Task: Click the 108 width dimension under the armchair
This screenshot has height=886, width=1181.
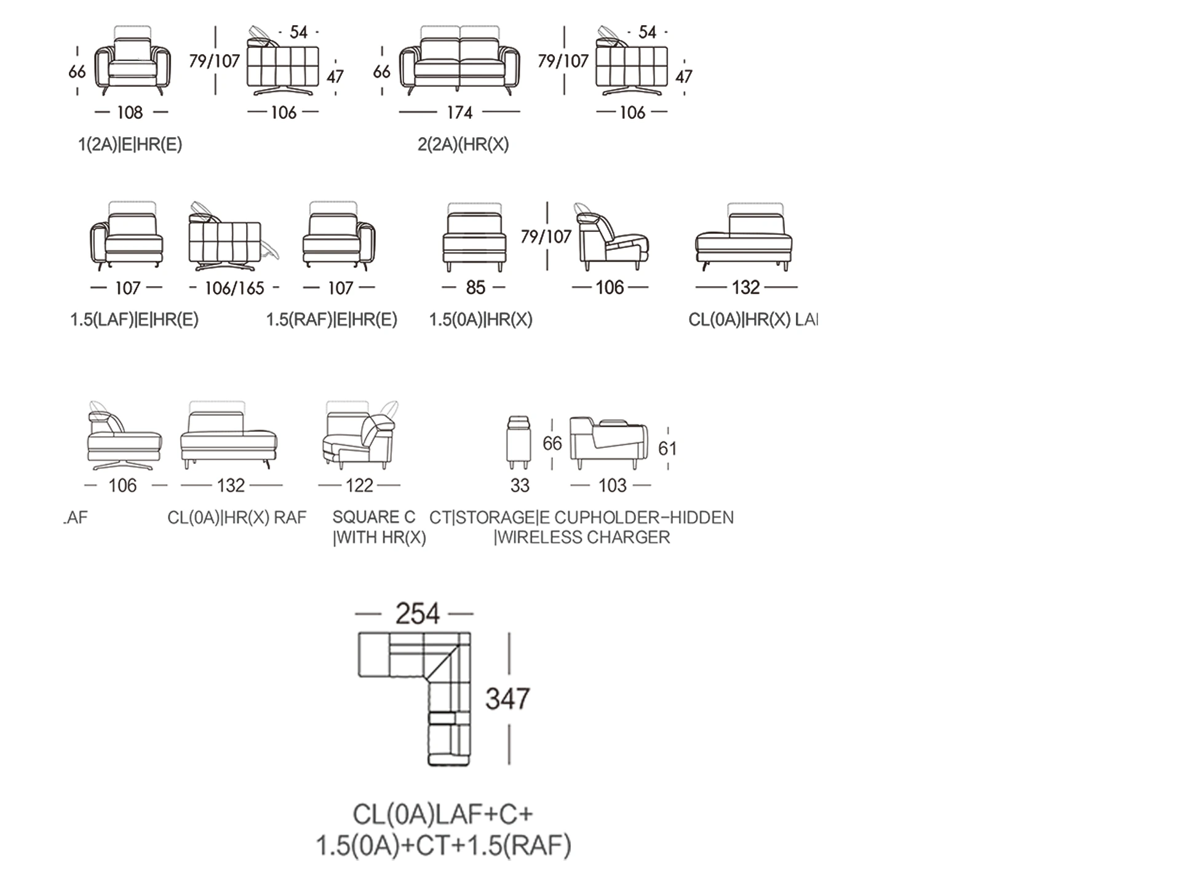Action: [x=130, y=113]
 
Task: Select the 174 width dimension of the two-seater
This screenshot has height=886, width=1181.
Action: [x=459, y=113]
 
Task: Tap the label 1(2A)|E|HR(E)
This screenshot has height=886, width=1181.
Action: [x=130, y=145]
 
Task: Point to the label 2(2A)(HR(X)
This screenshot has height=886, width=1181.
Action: [x=463, y=145]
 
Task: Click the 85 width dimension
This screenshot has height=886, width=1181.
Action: [x=475, y=287]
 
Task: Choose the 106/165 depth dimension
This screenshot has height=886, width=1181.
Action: [x=234, y=288]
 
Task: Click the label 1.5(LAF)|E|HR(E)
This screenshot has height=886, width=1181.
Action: [x=134, y=320]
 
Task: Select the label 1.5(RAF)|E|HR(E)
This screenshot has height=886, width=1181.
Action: [x=332, y=320]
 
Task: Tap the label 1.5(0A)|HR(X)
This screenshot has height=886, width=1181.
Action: [x=480, y=320]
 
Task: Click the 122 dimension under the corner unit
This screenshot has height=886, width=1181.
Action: [x=359, y=485]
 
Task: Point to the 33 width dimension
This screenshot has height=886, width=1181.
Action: [x=520, y=485]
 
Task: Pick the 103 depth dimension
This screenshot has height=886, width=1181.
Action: [x=612, y=485]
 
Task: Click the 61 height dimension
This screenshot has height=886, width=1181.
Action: [x=667, y=449]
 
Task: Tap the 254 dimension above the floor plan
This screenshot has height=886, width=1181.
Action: [x=417, y=614]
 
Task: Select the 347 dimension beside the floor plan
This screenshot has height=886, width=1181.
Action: [x=507, y=699]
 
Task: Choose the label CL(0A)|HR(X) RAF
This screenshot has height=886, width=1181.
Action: [x=237, y=517]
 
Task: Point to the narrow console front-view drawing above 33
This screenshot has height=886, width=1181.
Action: [x=519, y=442]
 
